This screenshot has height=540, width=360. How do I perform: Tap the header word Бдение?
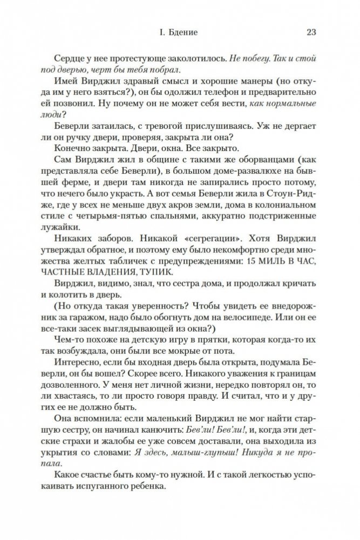click(x=182, y=32)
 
